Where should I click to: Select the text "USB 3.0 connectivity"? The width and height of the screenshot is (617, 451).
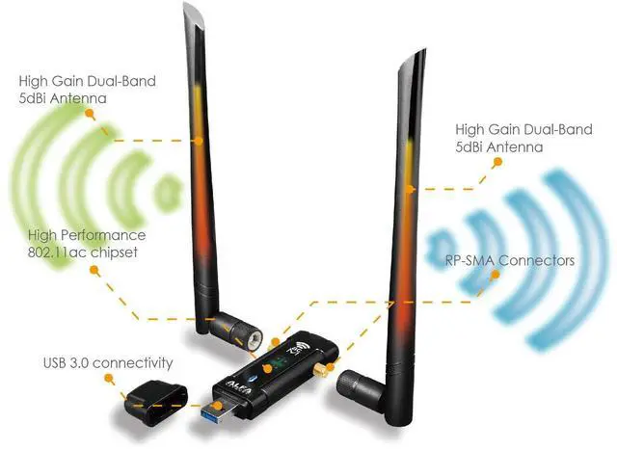coord(108,363)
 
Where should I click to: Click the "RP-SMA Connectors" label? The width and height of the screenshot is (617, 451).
coord(511,260)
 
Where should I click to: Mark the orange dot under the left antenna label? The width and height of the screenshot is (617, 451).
coord(90,112)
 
